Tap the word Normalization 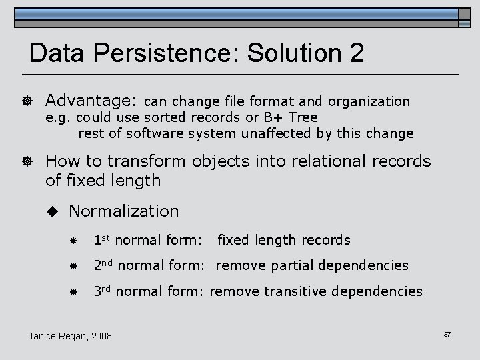(x=124, y=211)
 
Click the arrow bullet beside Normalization (x=54, y=211)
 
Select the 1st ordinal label (x=101, y=239)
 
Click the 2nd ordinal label (x=103, y=265)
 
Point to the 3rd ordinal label (x=102, y=291)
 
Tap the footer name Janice (x=43, y=336)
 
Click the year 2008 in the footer (x=100, y=336)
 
